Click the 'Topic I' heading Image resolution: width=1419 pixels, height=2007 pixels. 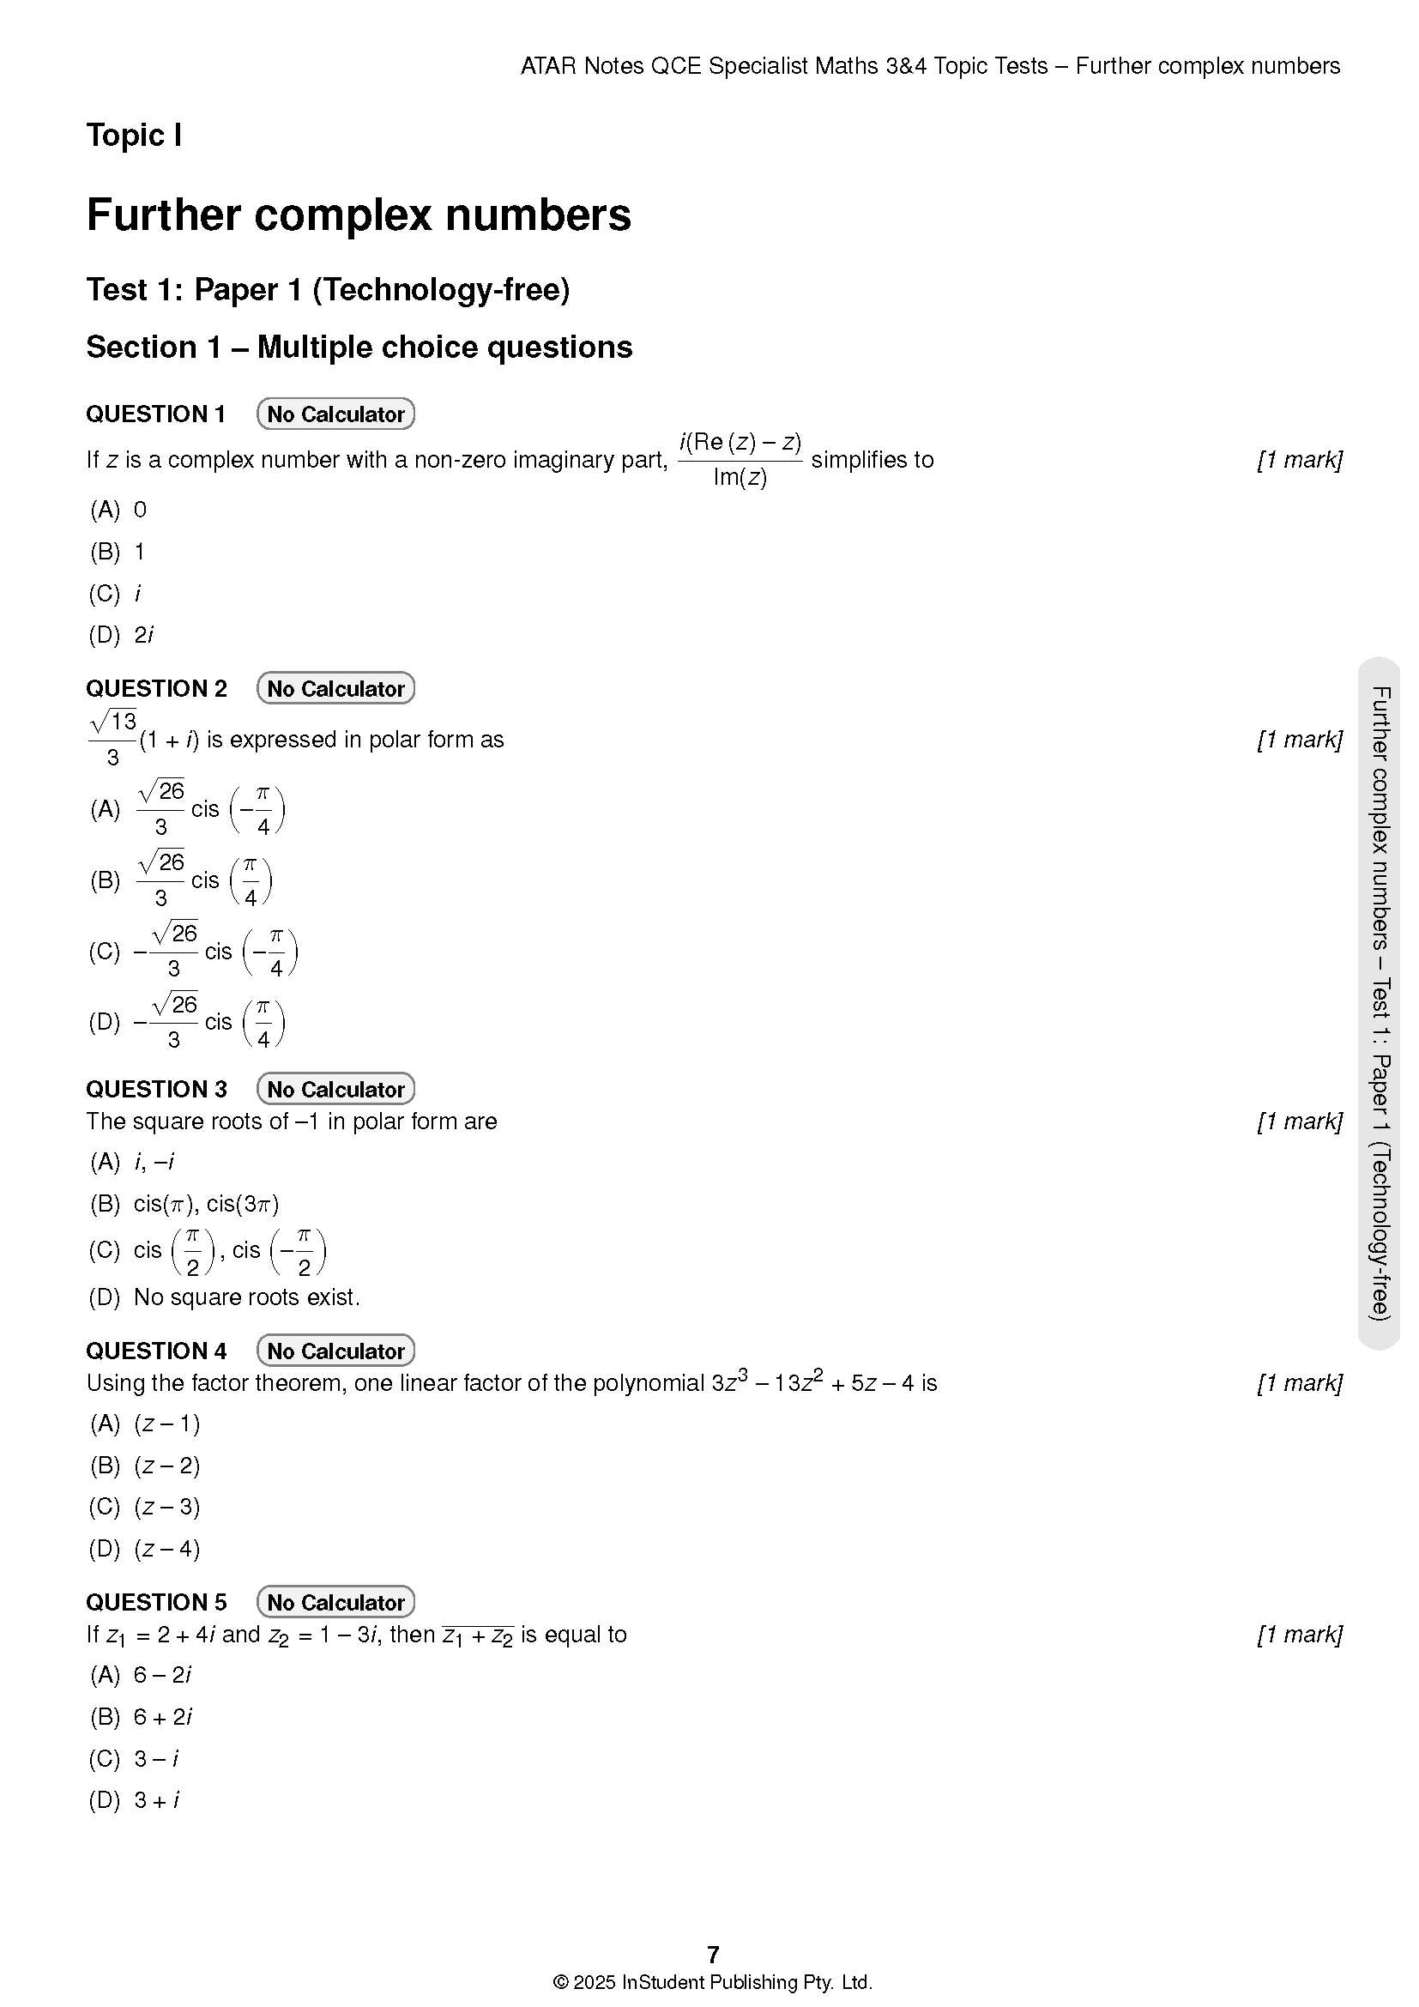point(134,136)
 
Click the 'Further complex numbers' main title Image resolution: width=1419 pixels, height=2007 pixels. point(359,215)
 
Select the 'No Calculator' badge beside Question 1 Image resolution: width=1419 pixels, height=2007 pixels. point(335,414)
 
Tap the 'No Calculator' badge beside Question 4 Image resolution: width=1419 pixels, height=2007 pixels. point(335,1351)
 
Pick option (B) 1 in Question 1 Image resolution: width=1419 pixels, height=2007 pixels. point(118,552)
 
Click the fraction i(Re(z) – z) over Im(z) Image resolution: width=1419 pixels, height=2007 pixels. point(740,460)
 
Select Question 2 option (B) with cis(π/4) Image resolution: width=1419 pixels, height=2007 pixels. point(181,880)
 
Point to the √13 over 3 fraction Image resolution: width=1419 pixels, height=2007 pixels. point(112,739)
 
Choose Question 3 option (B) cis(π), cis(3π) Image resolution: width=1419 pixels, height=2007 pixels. point(184,1204)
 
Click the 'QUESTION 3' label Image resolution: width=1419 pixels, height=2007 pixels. point(155,1089)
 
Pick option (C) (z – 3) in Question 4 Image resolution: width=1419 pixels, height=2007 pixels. point(145,1506)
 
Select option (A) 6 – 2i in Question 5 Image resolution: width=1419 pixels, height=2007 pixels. point(141,1674)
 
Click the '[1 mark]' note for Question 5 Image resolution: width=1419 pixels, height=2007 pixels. point(1298,1634)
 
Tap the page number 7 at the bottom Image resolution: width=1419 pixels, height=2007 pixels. point(713,1955)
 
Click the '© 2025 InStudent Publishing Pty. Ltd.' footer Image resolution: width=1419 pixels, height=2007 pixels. point(713,1981)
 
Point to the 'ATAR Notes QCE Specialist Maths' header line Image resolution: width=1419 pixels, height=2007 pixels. point(930,66)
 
